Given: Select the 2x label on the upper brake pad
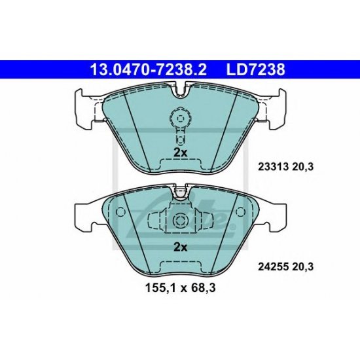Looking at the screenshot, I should [x=180, y=152].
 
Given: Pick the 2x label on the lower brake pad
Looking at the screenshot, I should [x=180, y=247].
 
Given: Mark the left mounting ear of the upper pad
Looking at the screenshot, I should [x=84, y=104].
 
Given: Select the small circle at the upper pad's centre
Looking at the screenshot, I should [x=179, y=118].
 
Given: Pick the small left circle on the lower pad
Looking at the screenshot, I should [x=120, y=211].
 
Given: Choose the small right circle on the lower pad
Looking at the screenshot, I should [x=240, y=211].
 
